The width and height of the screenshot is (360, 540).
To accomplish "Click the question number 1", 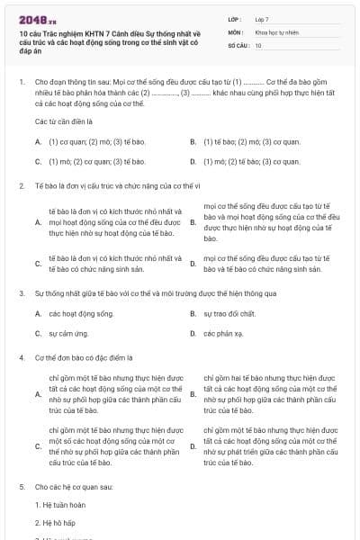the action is pyautogui.click(x=21, y=82).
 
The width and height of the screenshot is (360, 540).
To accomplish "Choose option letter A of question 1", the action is pyautogui.click(x=38, y=142).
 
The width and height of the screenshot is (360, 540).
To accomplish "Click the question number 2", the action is pyautogui.click(x=21, y=185).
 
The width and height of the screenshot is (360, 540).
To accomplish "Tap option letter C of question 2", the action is pyautogui.click(x=38, y=263).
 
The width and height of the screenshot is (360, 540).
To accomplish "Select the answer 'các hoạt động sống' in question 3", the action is pyautogui.click(x=81, y=312).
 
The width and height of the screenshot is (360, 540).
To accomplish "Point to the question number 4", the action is pyautogui.click(x=21, y=356).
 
